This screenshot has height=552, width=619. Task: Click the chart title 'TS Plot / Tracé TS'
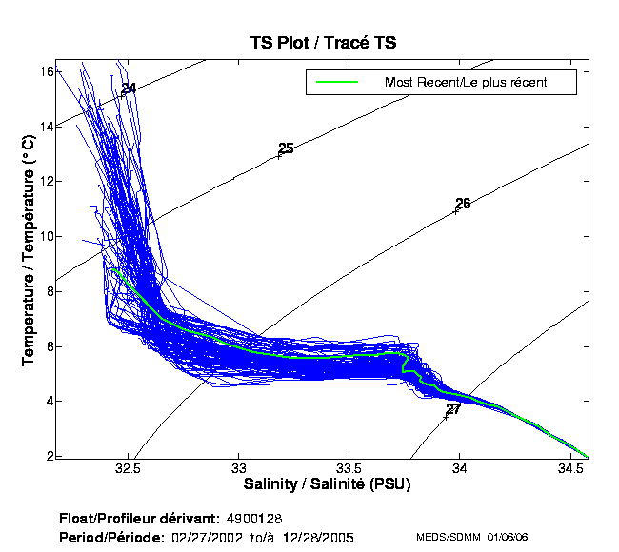point(324,42)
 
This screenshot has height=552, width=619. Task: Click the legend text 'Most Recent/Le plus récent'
point(466,83)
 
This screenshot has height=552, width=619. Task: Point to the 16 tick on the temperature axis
point(44,70)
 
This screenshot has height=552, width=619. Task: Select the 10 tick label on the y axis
point(44,236)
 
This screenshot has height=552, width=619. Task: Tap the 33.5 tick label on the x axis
point(349,468)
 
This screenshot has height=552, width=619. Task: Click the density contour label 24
point(129,89)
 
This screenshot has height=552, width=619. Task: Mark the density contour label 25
point(286,148)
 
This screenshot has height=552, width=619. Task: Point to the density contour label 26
point(463,204)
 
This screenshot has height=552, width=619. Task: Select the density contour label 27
point(453,409)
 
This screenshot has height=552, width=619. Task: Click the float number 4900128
point(255,519)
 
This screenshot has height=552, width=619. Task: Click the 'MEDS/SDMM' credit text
point(447,538)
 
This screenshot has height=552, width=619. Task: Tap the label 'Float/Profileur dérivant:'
point(140,519)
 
